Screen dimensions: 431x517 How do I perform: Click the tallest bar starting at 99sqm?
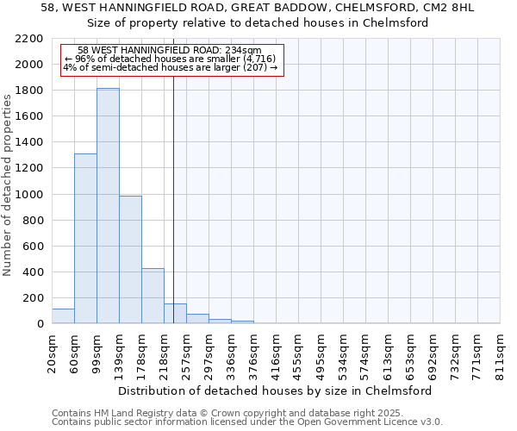tap(108, 206)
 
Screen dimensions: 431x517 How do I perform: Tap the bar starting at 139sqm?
tap(130, 259)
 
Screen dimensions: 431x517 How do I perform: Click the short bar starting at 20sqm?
tap(63, 316)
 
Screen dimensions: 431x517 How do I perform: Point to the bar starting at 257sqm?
tap(197, 319)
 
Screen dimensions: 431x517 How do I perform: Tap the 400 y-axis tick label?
tap(34, 272)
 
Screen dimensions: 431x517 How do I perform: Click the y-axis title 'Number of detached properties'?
tap(8, 182)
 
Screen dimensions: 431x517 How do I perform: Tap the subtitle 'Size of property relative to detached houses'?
tap(258, 22)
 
